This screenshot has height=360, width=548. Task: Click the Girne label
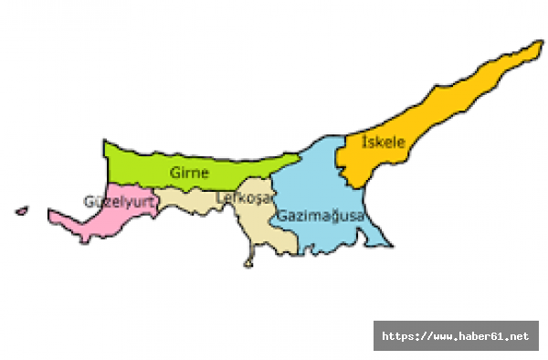click(189, 172)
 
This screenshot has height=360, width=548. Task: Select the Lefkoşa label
click(239, 196)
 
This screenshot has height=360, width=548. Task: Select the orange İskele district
click(429, 119)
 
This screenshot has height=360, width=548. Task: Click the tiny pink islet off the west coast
click(21, 211)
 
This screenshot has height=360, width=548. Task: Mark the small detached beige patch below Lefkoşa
click(248, 264)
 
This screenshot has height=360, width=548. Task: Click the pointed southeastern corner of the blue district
click(392, 246)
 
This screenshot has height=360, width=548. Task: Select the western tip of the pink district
click(50, 216)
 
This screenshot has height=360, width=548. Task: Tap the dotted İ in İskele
click(365, 142)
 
